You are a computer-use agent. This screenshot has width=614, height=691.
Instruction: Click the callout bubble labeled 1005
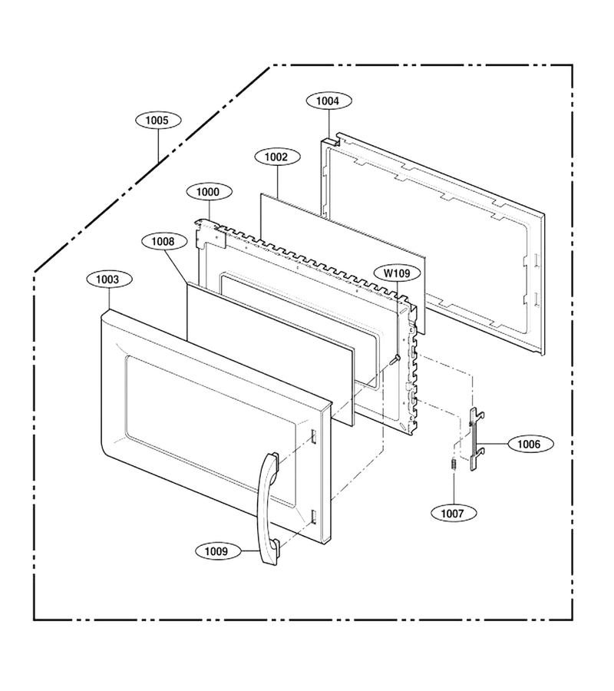(157, 121)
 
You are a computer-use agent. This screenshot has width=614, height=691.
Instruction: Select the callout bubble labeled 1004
(328, 101)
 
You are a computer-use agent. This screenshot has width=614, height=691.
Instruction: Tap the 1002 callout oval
(278, 157)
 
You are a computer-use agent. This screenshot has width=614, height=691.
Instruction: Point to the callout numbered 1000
(209, 192)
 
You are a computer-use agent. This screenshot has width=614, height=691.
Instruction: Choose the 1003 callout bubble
(108, 279)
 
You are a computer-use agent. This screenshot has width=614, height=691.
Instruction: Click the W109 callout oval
(396, 273)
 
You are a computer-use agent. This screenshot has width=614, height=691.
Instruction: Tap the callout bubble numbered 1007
(453, 514)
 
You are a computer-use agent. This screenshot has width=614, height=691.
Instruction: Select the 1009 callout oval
(217, 550)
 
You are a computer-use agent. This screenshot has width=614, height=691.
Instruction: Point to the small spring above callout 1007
(453, 465)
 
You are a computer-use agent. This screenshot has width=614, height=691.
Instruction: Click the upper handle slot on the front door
(313, 436)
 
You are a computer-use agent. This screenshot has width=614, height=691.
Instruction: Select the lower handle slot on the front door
(313, 517)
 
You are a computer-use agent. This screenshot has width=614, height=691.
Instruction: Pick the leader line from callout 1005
(158, 145)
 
